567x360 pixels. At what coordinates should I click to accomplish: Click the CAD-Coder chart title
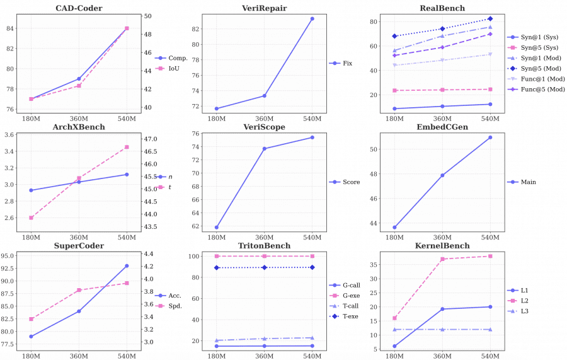79,8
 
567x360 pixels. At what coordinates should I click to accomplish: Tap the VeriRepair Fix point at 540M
312,19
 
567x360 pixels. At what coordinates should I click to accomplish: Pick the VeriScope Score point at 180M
217,228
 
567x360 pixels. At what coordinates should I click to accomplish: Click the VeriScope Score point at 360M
265,149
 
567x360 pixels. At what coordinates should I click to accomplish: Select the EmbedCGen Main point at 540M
490,137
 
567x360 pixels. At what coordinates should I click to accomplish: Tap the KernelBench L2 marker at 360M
443,259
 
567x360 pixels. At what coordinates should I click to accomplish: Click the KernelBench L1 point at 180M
395,346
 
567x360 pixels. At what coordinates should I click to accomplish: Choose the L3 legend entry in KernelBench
524,311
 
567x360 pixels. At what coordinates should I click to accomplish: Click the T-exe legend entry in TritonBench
350,316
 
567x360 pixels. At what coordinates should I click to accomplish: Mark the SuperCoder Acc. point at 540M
127,266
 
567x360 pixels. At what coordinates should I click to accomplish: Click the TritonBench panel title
265,246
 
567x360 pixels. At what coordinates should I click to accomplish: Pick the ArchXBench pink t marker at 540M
127,147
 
